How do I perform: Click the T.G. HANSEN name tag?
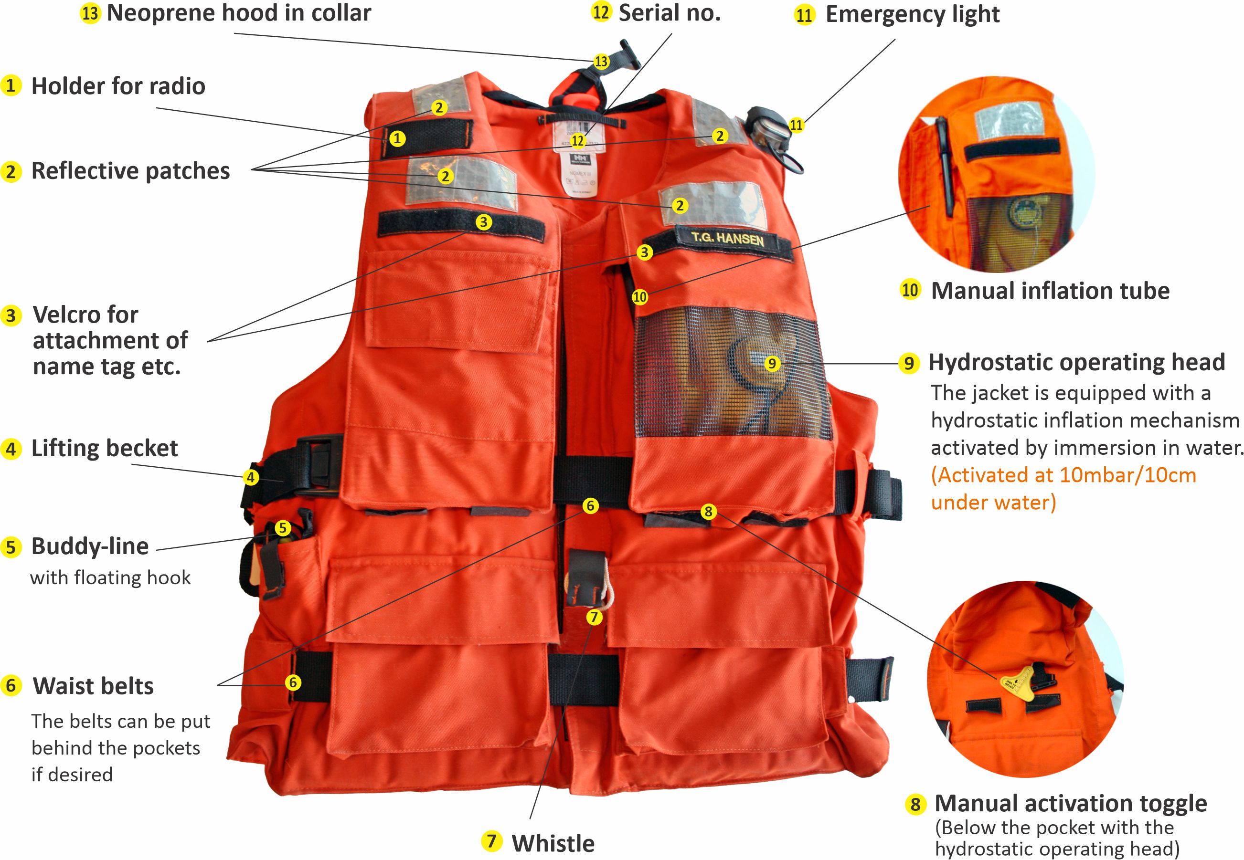click(x=727, y=239)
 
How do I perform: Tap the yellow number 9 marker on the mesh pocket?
click(x=772, y=364)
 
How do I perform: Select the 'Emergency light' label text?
click(x=913, y=14)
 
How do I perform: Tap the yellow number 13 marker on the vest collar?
click(x=601, y=62)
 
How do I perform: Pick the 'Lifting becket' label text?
click(x=104, y=448)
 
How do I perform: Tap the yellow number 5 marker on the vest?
click(x=283, y=528)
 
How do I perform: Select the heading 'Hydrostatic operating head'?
click(x=1076, y=362)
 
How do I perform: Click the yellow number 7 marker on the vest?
click(x=594, y=617)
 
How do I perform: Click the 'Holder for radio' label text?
click(x=118, y=86)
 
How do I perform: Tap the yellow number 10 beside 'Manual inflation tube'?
click(x=910, y=290)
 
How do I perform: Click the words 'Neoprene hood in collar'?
click(x=239, y=13)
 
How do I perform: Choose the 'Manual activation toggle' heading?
click(x=1070, y=803)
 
